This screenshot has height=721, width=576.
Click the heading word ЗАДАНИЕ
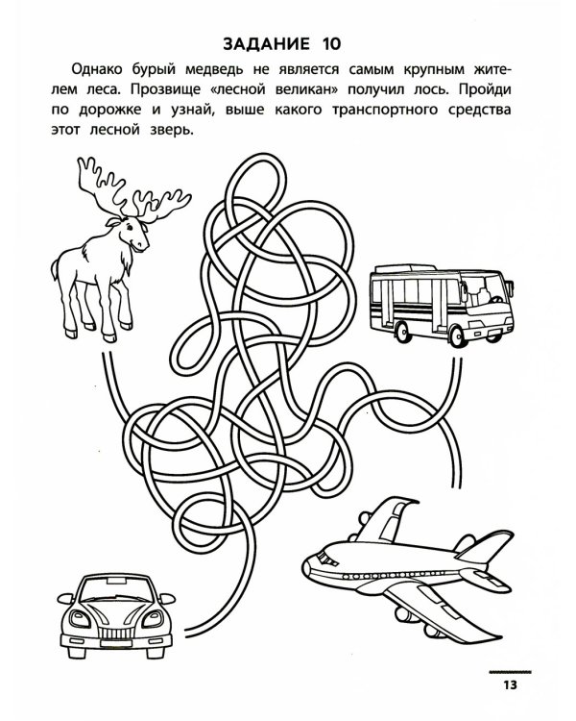coord(266,43)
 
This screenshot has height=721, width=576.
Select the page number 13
coord(510,684)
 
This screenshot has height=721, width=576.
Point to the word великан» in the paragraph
coord(307,89)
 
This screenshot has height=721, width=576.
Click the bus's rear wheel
coord(403,330)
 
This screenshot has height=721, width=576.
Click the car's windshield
coord(117,591)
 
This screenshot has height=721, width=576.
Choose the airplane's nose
coord(309,562)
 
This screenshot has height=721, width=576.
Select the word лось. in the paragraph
coord(431,89)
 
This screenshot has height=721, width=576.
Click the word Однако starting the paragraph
coord(97,69)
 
